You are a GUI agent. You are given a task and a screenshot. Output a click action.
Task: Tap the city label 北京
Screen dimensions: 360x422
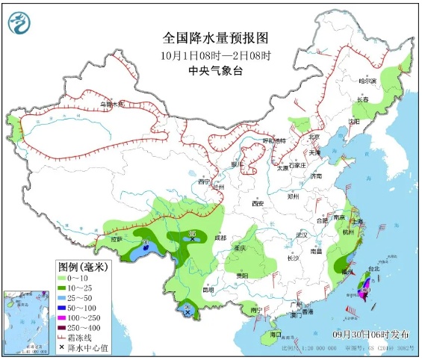pos(314,137)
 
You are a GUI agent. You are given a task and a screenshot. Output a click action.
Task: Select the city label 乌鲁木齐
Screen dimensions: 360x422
pos(111,104)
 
